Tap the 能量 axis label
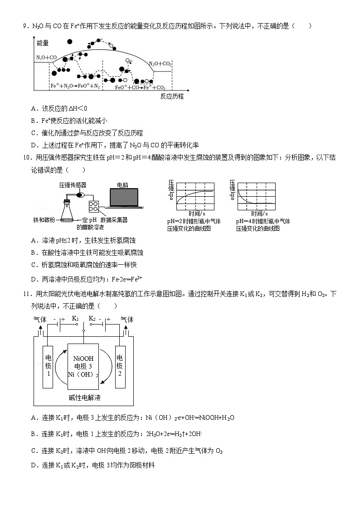43,43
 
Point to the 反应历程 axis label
171,97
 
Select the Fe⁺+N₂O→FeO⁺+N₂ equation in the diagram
75,86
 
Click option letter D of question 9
34,145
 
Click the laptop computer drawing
123,200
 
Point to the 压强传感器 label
72,185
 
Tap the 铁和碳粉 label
44,220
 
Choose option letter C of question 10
34,265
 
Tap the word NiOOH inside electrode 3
83,359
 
